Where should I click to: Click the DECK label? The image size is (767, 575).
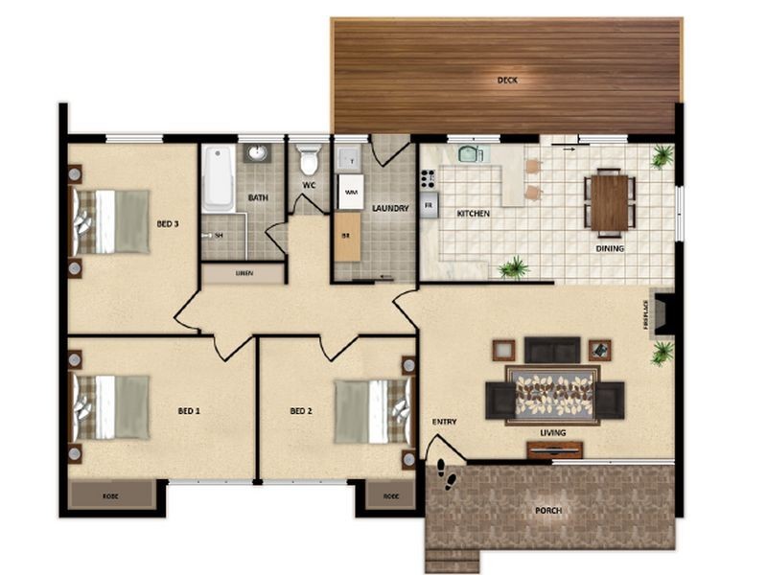(x=507, y=80)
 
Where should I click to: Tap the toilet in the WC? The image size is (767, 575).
(x=309, y=158)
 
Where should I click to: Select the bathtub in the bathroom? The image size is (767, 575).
(x=218, y=178)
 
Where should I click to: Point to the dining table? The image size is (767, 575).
(x=610, y=202)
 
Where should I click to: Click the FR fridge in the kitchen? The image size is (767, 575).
(x=430, y=205)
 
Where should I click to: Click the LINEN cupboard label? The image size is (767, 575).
(x=243, y=274)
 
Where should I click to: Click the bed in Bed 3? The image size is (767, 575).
(x=111, y=221)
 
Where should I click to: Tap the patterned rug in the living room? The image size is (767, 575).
(x=552, y=393)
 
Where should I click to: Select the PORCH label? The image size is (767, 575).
(x=548, y=510)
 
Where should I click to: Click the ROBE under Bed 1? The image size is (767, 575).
(x=111, y=495)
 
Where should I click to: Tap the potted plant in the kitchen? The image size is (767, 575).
(x=515, y=267)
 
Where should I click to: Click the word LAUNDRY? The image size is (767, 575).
(x=392, y=208)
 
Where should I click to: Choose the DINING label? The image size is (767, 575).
(x=610, y=249)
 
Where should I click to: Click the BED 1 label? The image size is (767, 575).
(x=189, y=411)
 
